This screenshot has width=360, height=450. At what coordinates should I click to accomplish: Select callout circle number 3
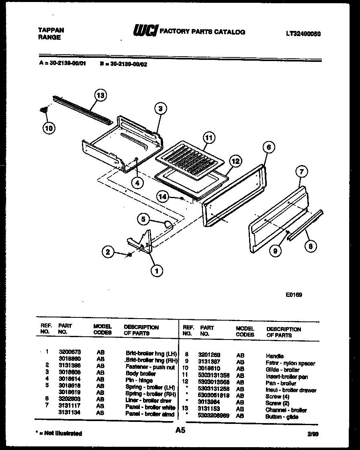160,108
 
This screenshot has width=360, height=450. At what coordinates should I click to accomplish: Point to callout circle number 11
208,137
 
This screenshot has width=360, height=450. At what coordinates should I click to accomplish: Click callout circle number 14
163,196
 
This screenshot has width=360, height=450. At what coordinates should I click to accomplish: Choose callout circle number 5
143,219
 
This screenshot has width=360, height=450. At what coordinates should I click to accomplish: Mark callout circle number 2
107,252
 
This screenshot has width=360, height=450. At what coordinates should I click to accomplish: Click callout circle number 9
275,252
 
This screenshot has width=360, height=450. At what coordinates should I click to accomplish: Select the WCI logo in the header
145,31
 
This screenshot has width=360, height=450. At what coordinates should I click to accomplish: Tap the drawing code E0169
294,295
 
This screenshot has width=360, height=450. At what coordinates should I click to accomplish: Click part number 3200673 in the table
66,352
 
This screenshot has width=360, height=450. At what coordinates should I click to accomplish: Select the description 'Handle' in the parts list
274,356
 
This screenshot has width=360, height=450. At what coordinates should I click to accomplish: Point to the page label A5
181,430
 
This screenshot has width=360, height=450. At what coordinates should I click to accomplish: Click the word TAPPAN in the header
51,30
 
